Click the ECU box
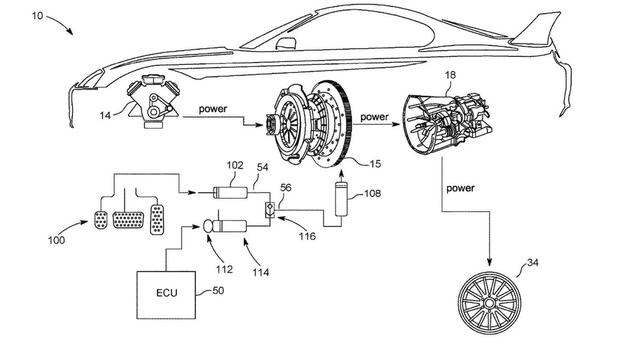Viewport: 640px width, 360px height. pos(166,295)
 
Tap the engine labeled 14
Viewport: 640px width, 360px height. pos(153,102)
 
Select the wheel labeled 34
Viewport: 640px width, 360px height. pos(490,303)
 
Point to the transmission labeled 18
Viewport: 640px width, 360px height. pos(448,123)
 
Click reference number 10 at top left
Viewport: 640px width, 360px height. pos(37,16)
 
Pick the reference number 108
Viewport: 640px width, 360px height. pos(373,193)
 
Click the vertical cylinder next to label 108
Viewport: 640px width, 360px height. pos(342,199)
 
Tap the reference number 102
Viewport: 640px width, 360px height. pos(235,165)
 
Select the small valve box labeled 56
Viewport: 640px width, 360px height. pos(269,209)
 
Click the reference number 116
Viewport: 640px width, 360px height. pos(307,236)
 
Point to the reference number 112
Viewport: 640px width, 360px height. pos(224,269)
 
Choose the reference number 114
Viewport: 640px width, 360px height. pos(261,272)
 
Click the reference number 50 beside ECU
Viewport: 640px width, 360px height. pos(218,291)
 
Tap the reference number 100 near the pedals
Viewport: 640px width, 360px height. pos(56,240)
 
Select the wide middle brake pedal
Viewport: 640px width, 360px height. pos(128,220)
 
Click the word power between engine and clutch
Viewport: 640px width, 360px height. pos(213,109)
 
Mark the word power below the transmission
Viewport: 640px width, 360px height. pos(461,188)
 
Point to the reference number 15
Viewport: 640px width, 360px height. pos(375,164)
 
